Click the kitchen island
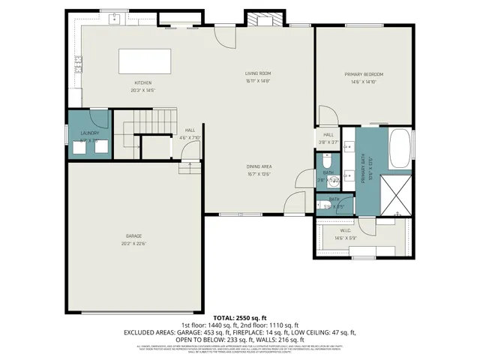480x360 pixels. [144, 59]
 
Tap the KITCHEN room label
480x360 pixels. [143, 82]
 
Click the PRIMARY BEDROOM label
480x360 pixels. [364, 74]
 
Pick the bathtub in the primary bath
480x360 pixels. [400, 148]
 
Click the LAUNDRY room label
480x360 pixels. [88, 133]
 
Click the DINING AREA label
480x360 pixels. [259, 166]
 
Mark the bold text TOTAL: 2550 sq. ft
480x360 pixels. [240, 318]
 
